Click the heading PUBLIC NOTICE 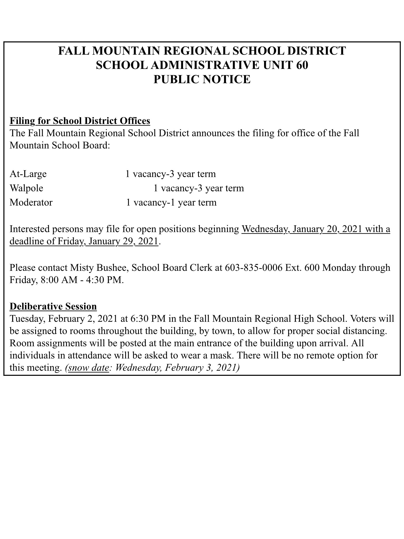pyautogui.click(x=202, y=79)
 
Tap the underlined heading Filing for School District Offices pyautogui.click(x=80, y=121)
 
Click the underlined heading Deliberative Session pyautogui.click(x=53, y=306)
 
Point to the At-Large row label pyautogui.click(x=28, y=174)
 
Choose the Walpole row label pyautogui.click(x=26, y=188)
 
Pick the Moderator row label pyautogui.click(x=31, y=202)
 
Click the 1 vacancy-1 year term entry pyautogui.click(x=171, y=202)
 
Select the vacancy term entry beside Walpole pyautogui.click(x=199, y=188)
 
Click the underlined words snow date pyautogui.click(x=88, y=368)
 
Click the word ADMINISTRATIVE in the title pyautogui.click(x=208, y=65)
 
